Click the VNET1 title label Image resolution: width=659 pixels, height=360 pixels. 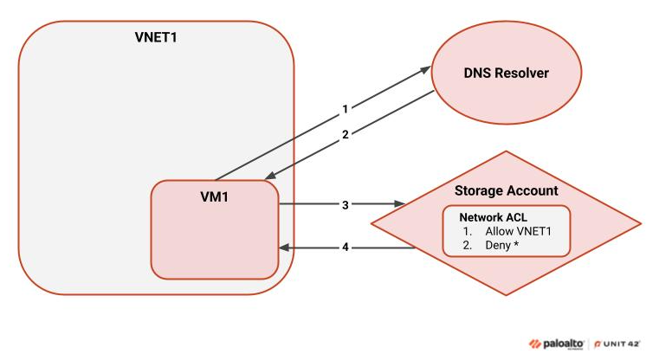click(x=157, y=38)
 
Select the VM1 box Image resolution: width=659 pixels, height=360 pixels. click(x=214, y=229)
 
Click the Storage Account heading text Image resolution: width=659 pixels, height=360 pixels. click(x=507, y=190)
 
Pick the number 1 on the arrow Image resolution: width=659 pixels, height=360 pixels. click(x=345, y=109)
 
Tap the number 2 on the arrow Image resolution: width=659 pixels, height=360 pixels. click(x=345, y=134)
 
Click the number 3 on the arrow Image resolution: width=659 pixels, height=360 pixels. click(x=345, y=205)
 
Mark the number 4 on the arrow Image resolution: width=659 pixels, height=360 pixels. click(x=345, y=247)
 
